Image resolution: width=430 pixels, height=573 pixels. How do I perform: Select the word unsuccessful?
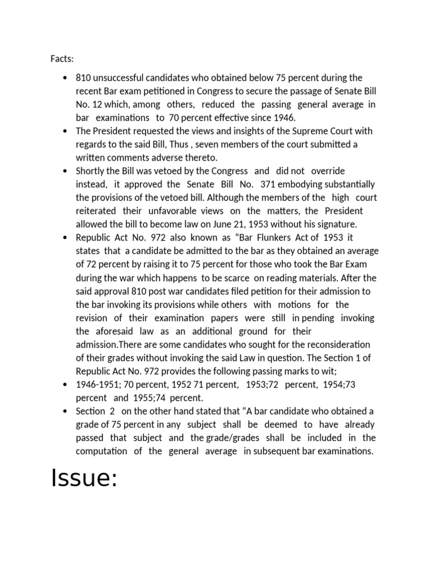click(120, 78)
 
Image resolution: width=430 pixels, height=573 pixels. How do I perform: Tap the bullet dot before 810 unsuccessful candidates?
click(66, 78)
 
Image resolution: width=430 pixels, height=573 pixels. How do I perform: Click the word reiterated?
click(95, 211)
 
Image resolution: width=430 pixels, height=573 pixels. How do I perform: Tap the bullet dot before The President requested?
click(66, 131)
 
